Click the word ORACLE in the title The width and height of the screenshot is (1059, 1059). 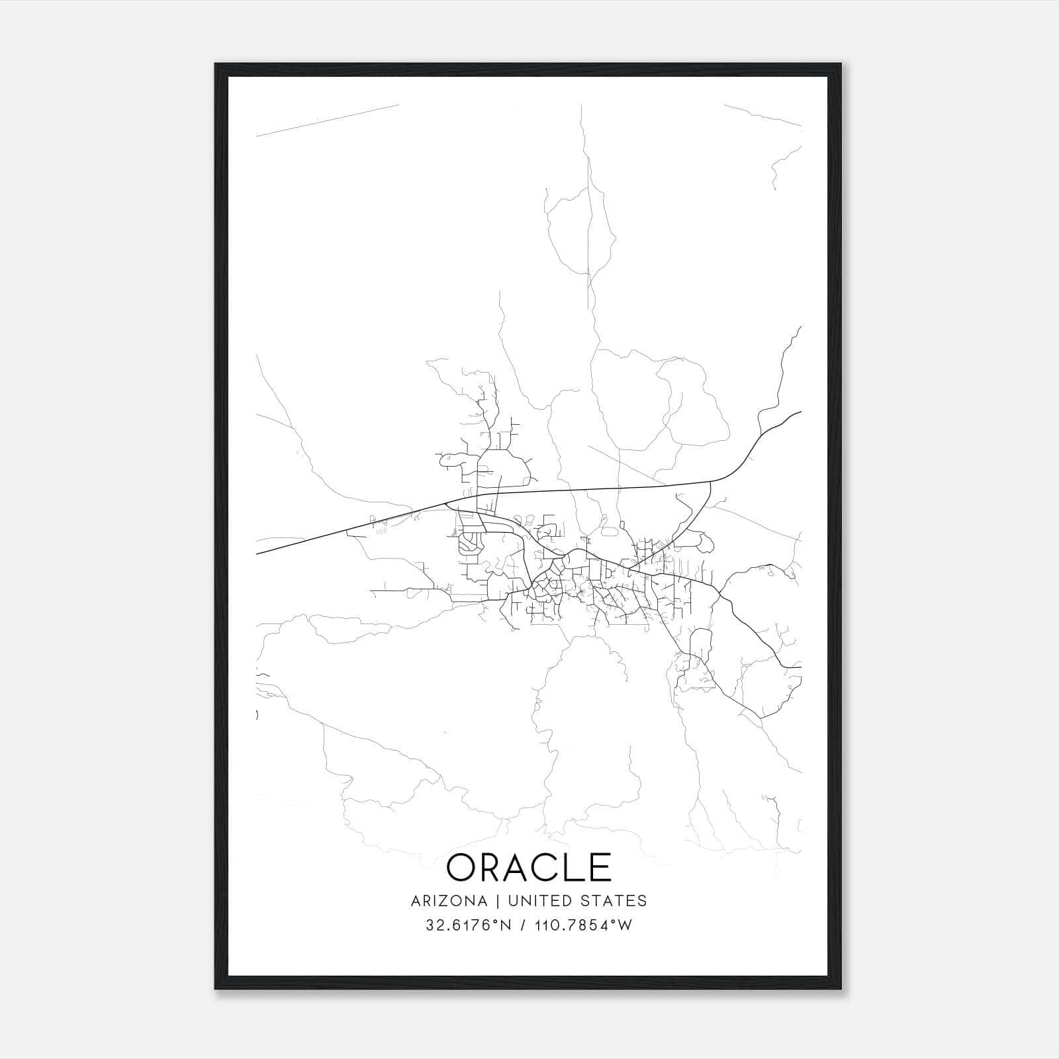(529, 867)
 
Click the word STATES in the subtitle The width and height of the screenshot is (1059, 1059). (614, 901)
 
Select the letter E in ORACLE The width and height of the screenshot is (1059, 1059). (600, 867)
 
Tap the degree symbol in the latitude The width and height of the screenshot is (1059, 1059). (493, 921)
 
